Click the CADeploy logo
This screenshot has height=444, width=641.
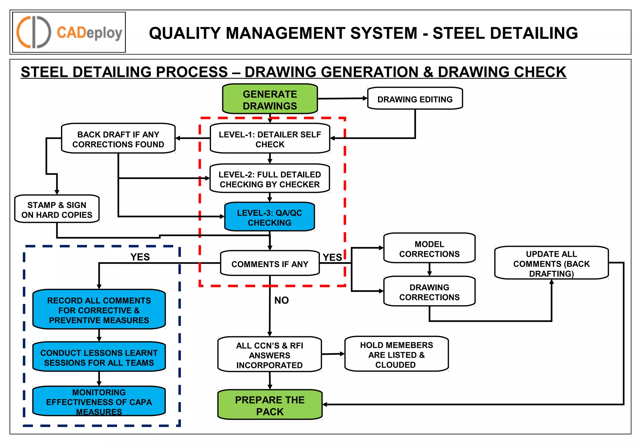69,32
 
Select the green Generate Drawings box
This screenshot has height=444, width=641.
270,100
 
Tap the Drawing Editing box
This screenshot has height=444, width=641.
415,99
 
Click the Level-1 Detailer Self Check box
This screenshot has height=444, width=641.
270,139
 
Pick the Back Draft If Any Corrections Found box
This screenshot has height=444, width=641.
118,139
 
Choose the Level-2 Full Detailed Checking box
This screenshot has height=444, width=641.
269,179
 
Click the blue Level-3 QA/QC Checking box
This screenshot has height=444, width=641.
269,217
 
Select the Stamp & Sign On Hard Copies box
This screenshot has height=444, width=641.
57,209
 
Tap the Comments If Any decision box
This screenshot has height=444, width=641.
269,264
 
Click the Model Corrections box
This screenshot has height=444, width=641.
429,249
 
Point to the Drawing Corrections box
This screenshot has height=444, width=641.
429,292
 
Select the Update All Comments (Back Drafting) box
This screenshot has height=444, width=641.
551,263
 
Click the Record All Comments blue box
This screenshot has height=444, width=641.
99,310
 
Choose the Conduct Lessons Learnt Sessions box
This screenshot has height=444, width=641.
99,357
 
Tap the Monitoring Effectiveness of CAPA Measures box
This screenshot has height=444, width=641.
99,402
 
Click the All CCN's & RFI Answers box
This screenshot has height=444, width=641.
269,355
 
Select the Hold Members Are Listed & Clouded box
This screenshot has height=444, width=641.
396,354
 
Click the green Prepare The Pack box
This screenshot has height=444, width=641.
269,405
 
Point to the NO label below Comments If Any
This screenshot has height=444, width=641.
281,300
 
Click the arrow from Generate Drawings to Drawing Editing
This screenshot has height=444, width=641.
342,98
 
